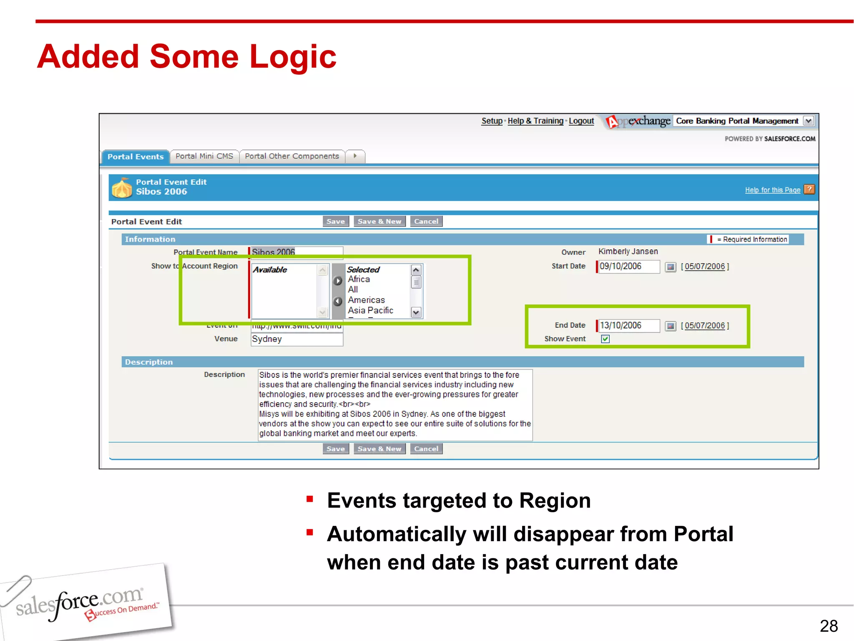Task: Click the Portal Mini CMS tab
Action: [204, 156]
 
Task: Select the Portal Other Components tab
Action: [292, 156]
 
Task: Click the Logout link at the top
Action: [581, 121]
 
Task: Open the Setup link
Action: [492, 121]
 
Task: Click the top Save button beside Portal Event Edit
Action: [336, 221]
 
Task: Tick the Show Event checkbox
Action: [605, 339]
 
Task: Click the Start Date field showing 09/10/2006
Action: [628, 266]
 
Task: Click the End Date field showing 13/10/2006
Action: [628, 326]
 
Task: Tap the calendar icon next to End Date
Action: [670, 326]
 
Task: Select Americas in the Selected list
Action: [366, 300]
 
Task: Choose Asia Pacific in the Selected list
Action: [370, 310]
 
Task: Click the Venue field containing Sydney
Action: [296, 339]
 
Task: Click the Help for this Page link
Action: [772, 190]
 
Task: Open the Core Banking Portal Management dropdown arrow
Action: [809, 121]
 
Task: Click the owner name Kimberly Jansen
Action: [628, 252]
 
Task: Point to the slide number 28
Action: [829, 626]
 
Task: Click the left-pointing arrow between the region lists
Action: [338, 301]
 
